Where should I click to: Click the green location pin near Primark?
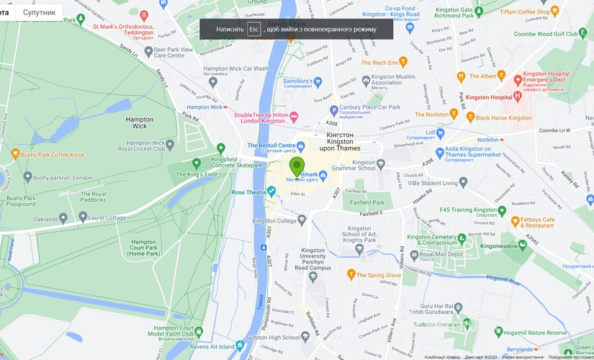pos(297,166)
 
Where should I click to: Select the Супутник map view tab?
pos(38,12)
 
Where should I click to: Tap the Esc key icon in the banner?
pos(253,29)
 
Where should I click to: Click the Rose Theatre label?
pos(248,192)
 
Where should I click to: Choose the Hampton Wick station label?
pos(204,107)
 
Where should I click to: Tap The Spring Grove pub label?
pos(379,275)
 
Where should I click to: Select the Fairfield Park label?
pos(367,203)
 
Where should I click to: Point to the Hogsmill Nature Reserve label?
pos(536,333)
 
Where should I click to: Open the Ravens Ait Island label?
pos(217,347)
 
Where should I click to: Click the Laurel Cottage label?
pos(107,217)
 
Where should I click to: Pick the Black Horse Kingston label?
pos(502,117)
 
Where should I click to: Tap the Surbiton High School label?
pos(270,337)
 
